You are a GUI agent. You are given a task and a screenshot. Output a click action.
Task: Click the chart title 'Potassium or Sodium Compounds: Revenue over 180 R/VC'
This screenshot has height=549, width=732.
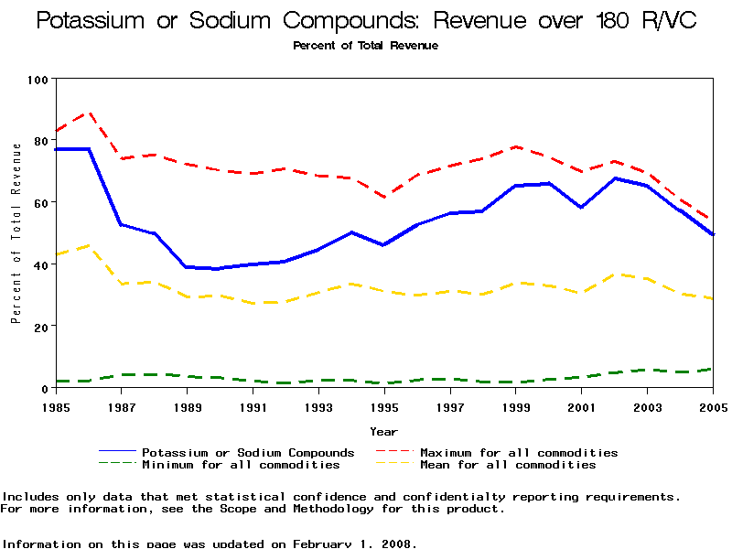[x=366, y=21]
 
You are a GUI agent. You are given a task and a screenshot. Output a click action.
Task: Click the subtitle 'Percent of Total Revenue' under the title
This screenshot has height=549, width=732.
[x=366, y=46]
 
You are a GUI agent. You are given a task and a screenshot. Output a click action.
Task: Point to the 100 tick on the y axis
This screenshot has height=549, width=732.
[x=38, y=80]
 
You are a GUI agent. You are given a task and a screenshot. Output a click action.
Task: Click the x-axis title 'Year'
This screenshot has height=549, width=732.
[x=384, y=431]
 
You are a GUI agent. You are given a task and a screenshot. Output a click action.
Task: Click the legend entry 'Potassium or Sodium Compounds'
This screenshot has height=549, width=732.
[x=248, y=453]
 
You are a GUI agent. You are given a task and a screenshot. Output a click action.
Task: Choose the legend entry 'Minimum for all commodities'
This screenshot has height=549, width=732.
[x=241, y=465]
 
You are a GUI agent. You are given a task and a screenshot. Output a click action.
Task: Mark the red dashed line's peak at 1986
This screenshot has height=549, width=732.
[x=89, y=113]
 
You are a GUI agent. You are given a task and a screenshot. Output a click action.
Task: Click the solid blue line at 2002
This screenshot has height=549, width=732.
[x=615, y=178]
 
